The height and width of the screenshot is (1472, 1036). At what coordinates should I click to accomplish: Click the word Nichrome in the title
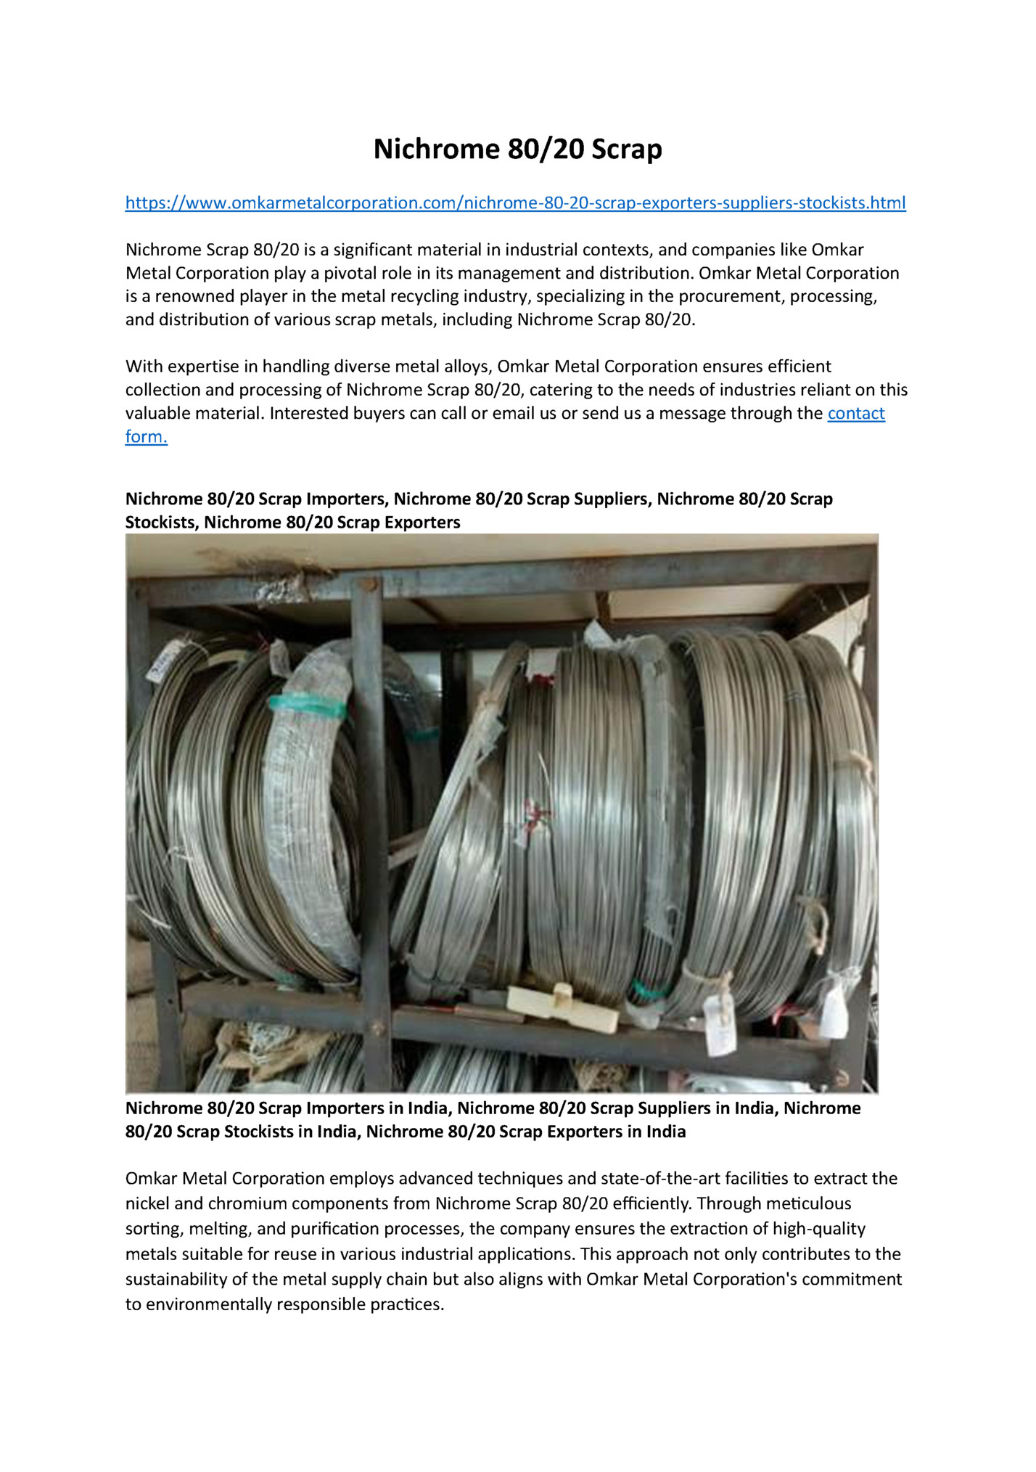(436, 149)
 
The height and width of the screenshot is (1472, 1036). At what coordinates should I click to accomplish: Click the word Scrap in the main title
(626, 149)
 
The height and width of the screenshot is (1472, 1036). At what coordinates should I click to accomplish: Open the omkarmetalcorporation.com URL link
(515, 203)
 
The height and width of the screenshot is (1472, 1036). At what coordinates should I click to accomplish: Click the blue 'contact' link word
(855, 413)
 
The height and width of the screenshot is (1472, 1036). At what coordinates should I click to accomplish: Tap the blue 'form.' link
(146, 436)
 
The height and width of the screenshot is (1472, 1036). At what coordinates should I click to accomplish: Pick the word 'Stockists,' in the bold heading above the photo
(161, 522)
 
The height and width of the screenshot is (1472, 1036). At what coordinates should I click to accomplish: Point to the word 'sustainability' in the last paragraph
(178, 1279)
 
